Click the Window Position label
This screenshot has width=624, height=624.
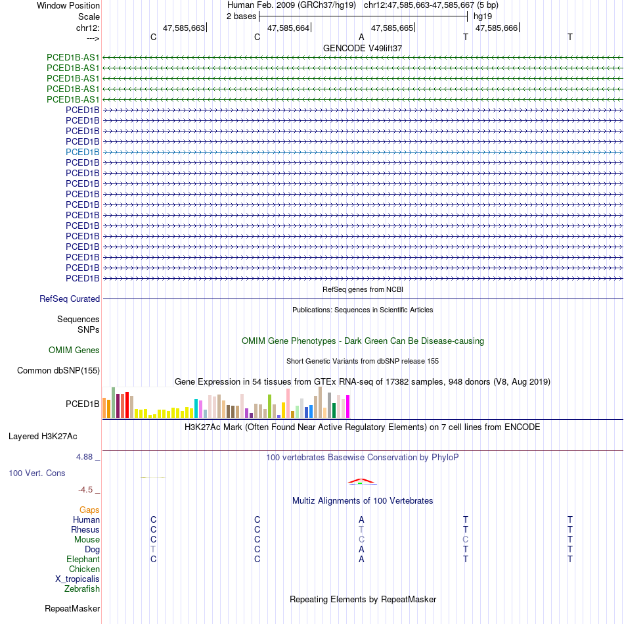[68, 5]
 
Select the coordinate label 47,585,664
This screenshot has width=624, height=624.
[288, 28]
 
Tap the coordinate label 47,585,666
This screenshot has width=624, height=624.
[496, 28]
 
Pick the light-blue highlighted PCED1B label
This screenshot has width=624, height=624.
[83, 152]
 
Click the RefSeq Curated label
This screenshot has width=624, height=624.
[70, 299]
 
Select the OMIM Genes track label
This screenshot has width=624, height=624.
[74, 350]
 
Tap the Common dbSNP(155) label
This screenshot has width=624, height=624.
[58, 371]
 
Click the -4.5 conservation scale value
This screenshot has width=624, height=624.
[87, 490]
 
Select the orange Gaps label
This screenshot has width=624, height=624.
[89, 510]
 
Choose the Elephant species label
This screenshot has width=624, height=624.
[83, 559]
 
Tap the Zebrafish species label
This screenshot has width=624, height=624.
[82, 589]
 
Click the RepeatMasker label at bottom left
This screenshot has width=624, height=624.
[72, 609]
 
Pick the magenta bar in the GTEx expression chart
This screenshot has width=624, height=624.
[348, 406]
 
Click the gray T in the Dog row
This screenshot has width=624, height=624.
[153, 549]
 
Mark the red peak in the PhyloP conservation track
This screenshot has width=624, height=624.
[362, 480]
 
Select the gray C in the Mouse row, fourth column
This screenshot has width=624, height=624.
[466, 539]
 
